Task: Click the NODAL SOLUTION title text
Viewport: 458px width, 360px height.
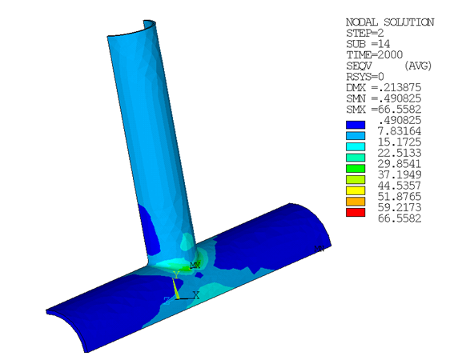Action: tap(389, 22)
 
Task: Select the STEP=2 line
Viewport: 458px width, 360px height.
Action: tap(365, 34)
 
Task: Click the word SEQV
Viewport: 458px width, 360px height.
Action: tap(358, 66)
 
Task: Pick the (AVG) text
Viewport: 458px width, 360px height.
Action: tap(418, 66)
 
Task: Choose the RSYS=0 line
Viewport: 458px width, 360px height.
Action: tap(365, 76)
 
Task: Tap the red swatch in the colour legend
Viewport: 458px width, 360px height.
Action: tap(355, 213)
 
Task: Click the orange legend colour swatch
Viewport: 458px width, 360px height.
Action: tap(355, 202)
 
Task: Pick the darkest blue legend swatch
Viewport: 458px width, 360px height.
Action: tap(355, 125)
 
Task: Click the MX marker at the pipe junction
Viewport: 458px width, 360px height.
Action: tap(194, 265)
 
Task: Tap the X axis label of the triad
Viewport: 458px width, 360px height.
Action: tap(195, 295)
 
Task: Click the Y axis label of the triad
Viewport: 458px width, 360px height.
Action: tap(175, 274)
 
